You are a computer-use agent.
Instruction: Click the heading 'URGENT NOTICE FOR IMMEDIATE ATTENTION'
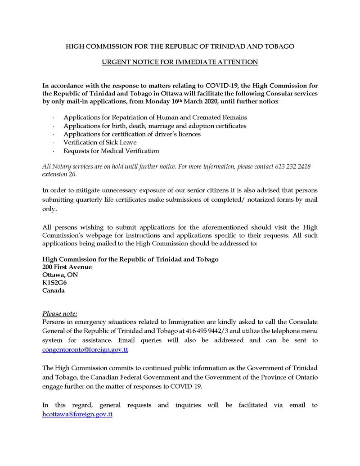click(x=180, y=62)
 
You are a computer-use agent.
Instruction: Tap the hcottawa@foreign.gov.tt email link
click(x=77, y=414)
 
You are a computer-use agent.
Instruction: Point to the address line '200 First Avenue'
click(x=67, y=267)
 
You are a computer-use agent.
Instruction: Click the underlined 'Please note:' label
click(x=60, y=313)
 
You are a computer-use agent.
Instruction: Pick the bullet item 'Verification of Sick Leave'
click(x=100, y=142)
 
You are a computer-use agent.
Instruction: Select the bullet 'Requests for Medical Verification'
click(x=111, y=150)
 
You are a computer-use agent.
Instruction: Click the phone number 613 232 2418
click(x=292, y=167)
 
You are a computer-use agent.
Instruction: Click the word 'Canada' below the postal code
click(x=53, y=290)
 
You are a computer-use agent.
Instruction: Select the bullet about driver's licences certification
click(x=132, y=134)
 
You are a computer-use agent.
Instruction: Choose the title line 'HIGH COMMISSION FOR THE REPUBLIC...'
click(x=180, y=46)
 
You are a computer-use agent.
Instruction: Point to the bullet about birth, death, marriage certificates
click(x=155, y=126)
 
